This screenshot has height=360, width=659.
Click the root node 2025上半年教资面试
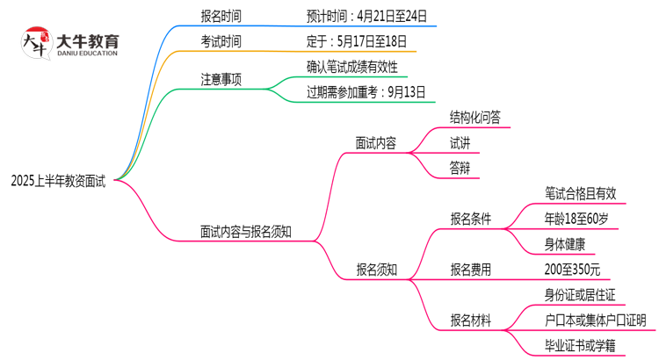coord(58,182)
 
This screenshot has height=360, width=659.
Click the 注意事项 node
coord(221,80)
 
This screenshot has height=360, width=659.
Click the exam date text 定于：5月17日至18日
coord(357,41)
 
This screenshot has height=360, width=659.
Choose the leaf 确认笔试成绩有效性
coord(352,67)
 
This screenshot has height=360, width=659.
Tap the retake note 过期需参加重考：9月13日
coord(366,91)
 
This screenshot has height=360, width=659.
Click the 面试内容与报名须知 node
coord(245,232)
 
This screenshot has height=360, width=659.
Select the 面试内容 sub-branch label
coord(375,142)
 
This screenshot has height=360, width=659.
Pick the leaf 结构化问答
coord(475,118)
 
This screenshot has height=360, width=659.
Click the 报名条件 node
coord(471,219)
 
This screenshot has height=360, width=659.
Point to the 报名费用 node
coord(471,269)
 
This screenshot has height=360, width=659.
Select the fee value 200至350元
coord(573,269)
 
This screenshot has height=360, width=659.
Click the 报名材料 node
coord(471,319)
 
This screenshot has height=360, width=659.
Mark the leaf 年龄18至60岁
coord(576,219)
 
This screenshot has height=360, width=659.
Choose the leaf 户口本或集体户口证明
coord(596,319)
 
